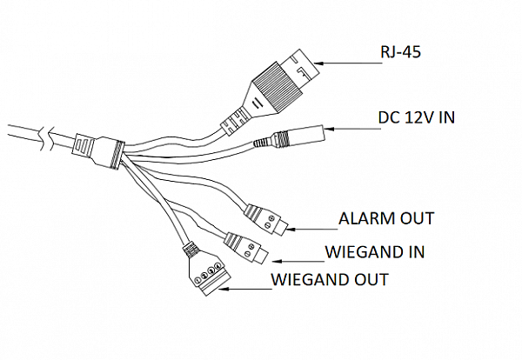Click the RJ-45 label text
point(400,52)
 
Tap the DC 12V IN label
point(416,117)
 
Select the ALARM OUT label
point(386,218)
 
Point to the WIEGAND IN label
point(375,252)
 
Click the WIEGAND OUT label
point(330,279)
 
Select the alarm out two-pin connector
point(265,219)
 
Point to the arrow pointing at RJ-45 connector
point(348,63)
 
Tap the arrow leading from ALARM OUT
point(312,229)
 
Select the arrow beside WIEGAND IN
point(298,261)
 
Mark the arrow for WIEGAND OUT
point(245,289)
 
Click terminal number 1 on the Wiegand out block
point(197,280)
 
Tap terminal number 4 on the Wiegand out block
point(217,266)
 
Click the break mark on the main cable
point(45,138)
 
